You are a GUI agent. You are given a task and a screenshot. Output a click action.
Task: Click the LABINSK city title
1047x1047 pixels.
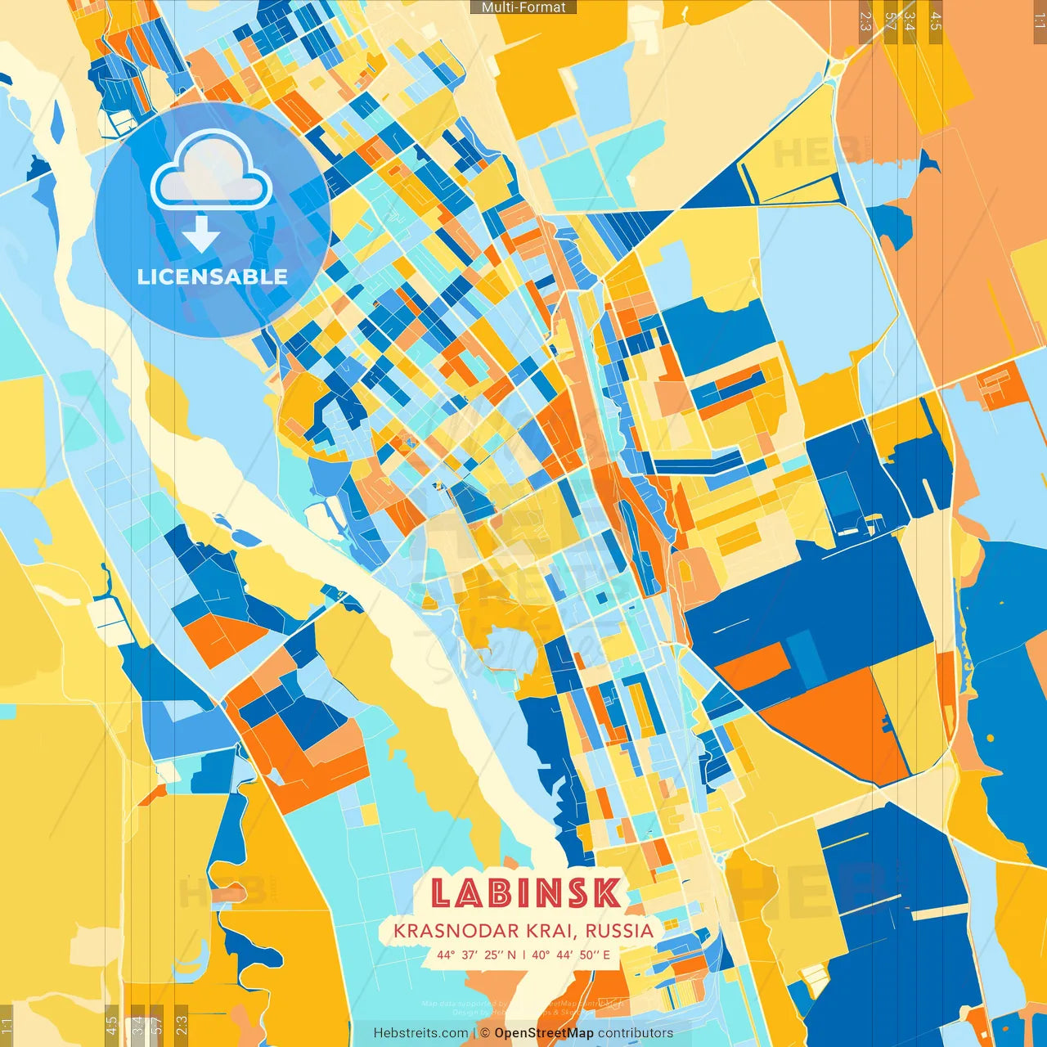[x=524, y=892]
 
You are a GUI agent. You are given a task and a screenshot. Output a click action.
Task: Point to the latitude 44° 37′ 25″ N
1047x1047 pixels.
[x=476, y=955]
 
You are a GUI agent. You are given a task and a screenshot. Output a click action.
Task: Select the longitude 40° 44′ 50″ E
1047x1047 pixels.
[x=571, y=955]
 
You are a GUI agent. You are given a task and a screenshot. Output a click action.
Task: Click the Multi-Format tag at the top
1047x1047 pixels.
[x=523, y=7]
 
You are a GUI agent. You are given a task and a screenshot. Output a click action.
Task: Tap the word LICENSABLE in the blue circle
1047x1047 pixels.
[x=213, y=276]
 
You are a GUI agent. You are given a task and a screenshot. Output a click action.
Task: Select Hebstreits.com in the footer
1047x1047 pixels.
[x=420, y=1033]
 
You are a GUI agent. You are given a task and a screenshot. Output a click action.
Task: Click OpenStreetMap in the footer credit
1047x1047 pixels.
[x=544, y=1033]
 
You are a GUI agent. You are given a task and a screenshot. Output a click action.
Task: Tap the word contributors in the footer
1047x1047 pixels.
[x=636, y=1033]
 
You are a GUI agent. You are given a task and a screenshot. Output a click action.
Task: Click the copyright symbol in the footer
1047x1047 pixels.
[x=485, y=1033]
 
